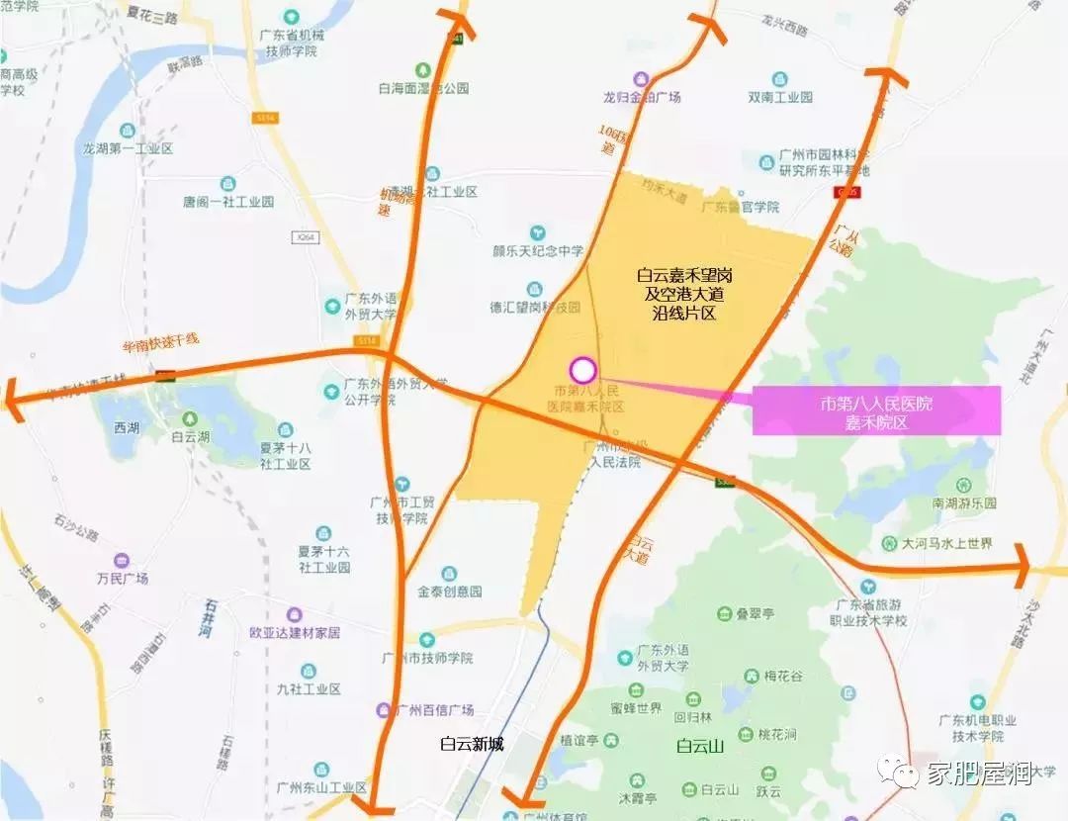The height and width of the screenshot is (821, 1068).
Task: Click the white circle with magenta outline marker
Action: tap(583, 371)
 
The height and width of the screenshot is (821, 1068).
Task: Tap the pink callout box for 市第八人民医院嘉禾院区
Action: tap(876, 410)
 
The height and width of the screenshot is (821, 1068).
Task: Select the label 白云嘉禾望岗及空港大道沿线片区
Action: tap(684, 294)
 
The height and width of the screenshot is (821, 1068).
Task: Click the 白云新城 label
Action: tap(473, 744)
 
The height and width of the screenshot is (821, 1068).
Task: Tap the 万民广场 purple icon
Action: tap(122, 560)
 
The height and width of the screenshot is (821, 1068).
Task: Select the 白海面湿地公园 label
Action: tap(423, 87)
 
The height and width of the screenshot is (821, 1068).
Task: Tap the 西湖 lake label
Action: tap(127, 428)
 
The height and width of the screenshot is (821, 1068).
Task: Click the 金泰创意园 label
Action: tap(449, 591)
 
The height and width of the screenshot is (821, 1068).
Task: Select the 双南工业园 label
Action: tap(780, 97)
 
